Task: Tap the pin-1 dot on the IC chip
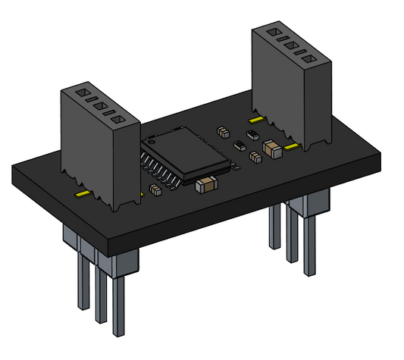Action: [152, 141]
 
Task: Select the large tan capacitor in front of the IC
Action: [206, 183]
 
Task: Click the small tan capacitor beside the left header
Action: [155, 189]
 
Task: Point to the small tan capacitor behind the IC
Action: [223, 130]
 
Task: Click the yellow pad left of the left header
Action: [82, 194]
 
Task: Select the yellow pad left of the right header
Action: [255, 118]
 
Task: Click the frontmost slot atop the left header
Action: [121, 119]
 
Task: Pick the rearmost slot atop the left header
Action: [78, 92]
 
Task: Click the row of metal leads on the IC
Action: [163, 170]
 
